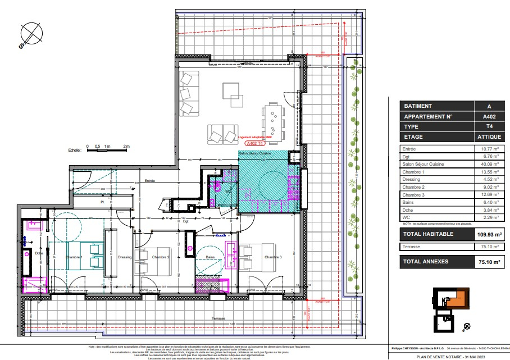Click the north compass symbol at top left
30,34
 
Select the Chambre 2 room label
161,257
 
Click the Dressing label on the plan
125,257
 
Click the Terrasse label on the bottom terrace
220,318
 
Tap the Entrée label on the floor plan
150,181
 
